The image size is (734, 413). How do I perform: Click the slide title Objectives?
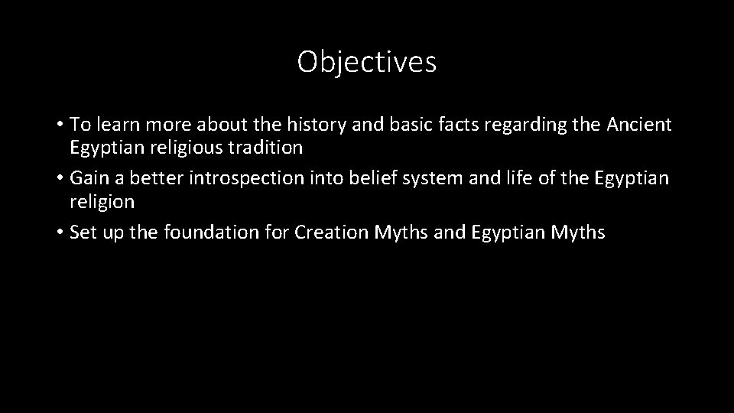(367, 62)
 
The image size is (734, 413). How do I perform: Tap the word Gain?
(88, 178)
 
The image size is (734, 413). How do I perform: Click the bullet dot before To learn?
(60, 125)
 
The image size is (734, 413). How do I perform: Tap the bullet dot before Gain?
(60, 179)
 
